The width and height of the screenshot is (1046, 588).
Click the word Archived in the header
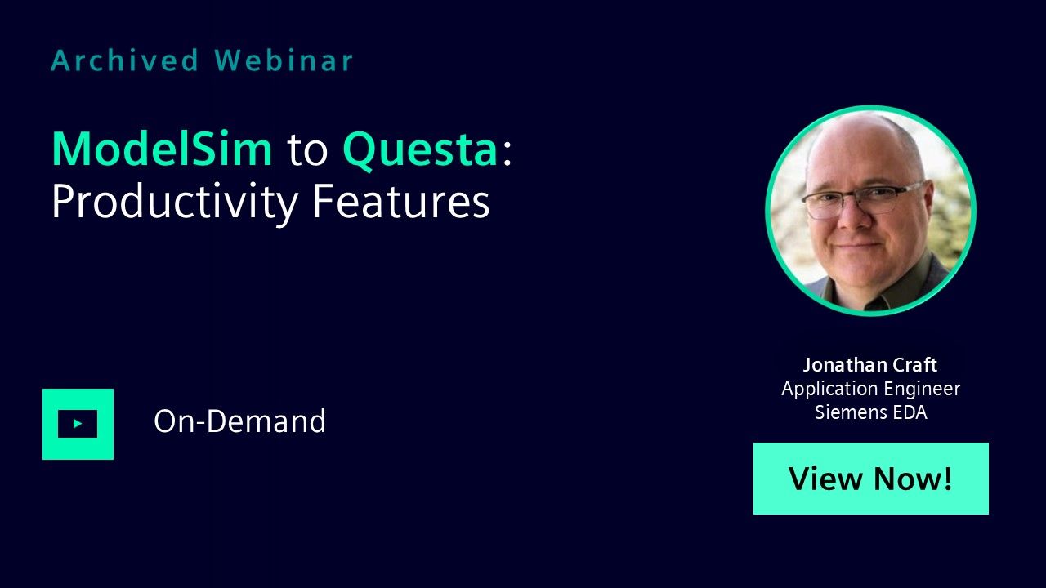point(125,60)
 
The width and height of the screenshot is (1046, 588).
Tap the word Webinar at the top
point(284,60)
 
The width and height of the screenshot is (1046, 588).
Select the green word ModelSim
point(162,149)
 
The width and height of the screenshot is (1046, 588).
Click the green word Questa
point(420,150)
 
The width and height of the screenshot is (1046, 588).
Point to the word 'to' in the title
point(307,151)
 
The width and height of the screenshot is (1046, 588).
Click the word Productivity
point(175,203)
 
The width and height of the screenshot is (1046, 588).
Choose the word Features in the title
point(400,201)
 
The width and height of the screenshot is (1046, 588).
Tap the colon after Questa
point(507,153)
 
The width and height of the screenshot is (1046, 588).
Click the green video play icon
point(78,424)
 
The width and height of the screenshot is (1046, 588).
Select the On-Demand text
point(239,421)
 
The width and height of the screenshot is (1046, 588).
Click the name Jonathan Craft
point(870,365)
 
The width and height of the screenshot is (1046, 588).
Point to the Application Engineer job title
point(871,389)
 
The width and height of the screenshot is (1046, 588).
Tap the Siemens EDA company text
point(871,412)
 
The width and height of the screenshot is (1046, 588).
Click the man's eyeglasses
point(861,198)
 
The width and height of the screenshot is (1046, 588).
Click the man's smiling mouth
point(858,245)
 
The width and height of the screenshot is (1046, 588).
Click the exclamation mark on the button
point(947,478)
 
